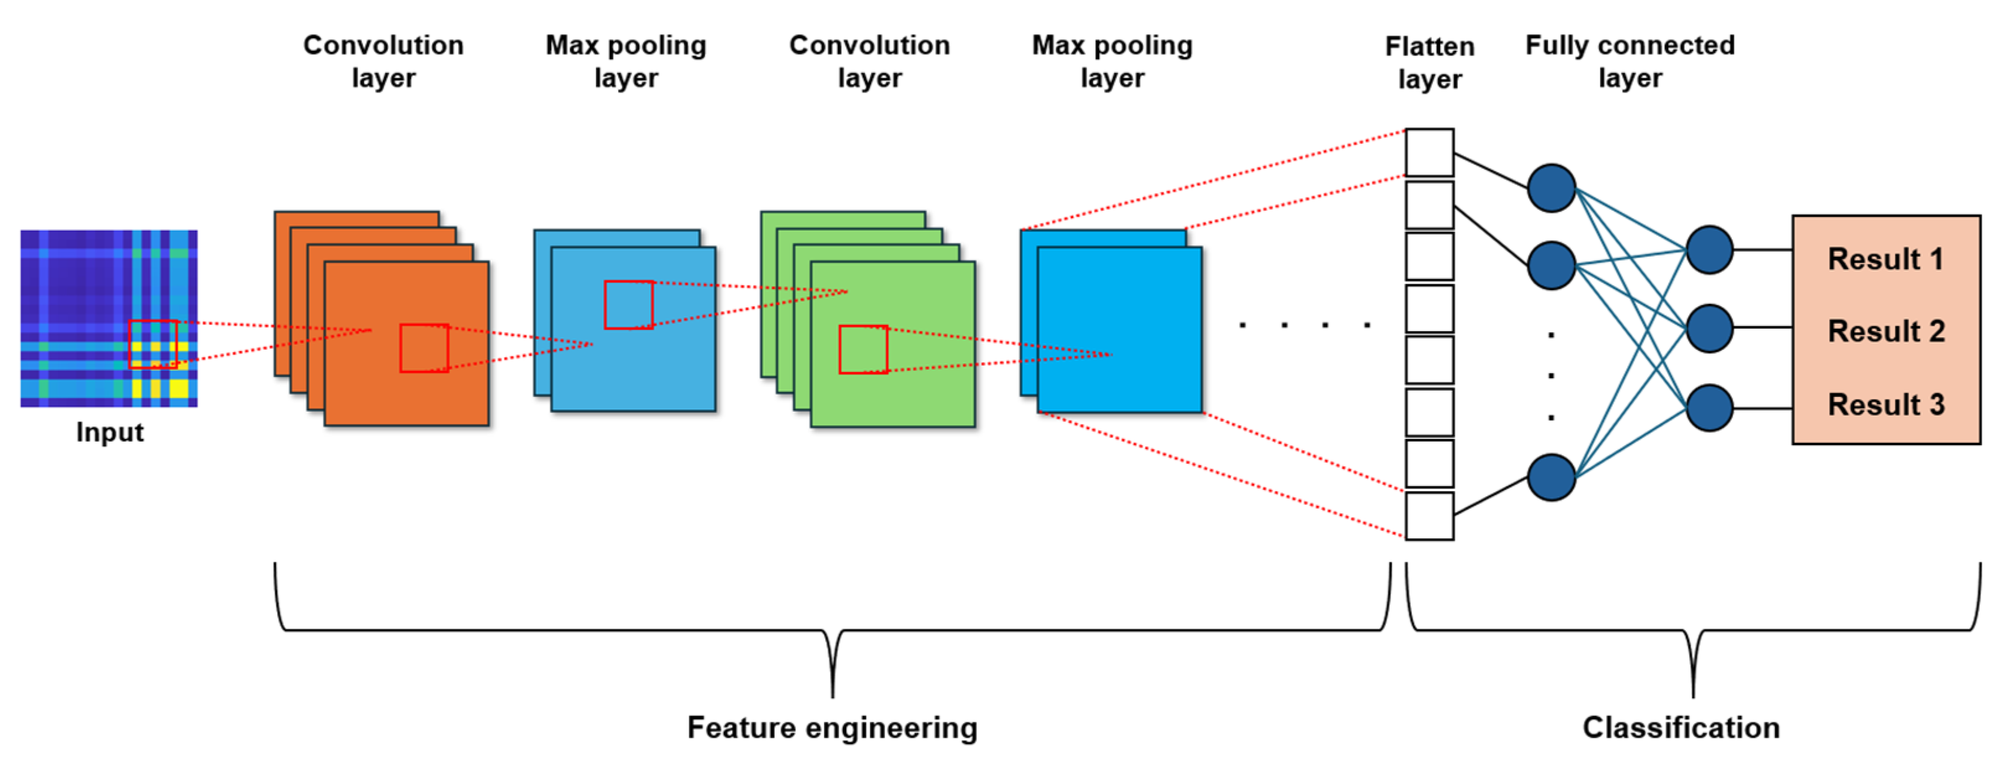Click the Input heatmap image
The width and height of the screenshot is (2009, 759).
click(108, 318)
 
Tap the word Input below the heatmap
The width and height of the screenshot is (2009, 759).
click(110, 432)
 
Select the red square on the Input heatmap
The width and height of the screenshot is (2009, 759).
click(153, 344)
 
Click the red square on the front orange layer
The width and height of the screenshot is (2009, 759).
click(424, 348)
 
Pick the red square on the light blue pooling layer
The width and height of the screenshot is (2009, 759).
click(629, 305)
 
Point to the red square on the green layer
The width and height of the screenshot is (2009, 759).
click(863, 350)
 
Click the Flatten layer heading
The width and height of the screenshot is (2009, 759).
click(1429, 63)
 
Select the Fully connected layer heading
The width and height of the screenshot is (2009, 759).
click(1630, 61)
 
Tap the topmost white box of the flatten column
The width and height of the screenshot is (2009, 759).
click(1429, 152)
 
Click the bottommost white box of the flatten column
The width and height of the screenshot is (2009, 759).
click(1429, 516)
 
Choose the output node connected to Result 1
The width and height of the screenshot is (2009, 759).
click(1710, 250)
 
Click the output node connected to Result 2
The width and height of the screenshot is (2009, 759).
click(1710, 329)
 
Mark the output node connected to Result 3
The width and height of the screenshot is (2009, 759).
click(1710, 408)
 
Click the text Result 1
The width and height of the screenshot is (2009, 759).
click(1886, 259)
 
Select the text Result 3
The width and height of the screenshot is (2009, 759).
click(1886, 405)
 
